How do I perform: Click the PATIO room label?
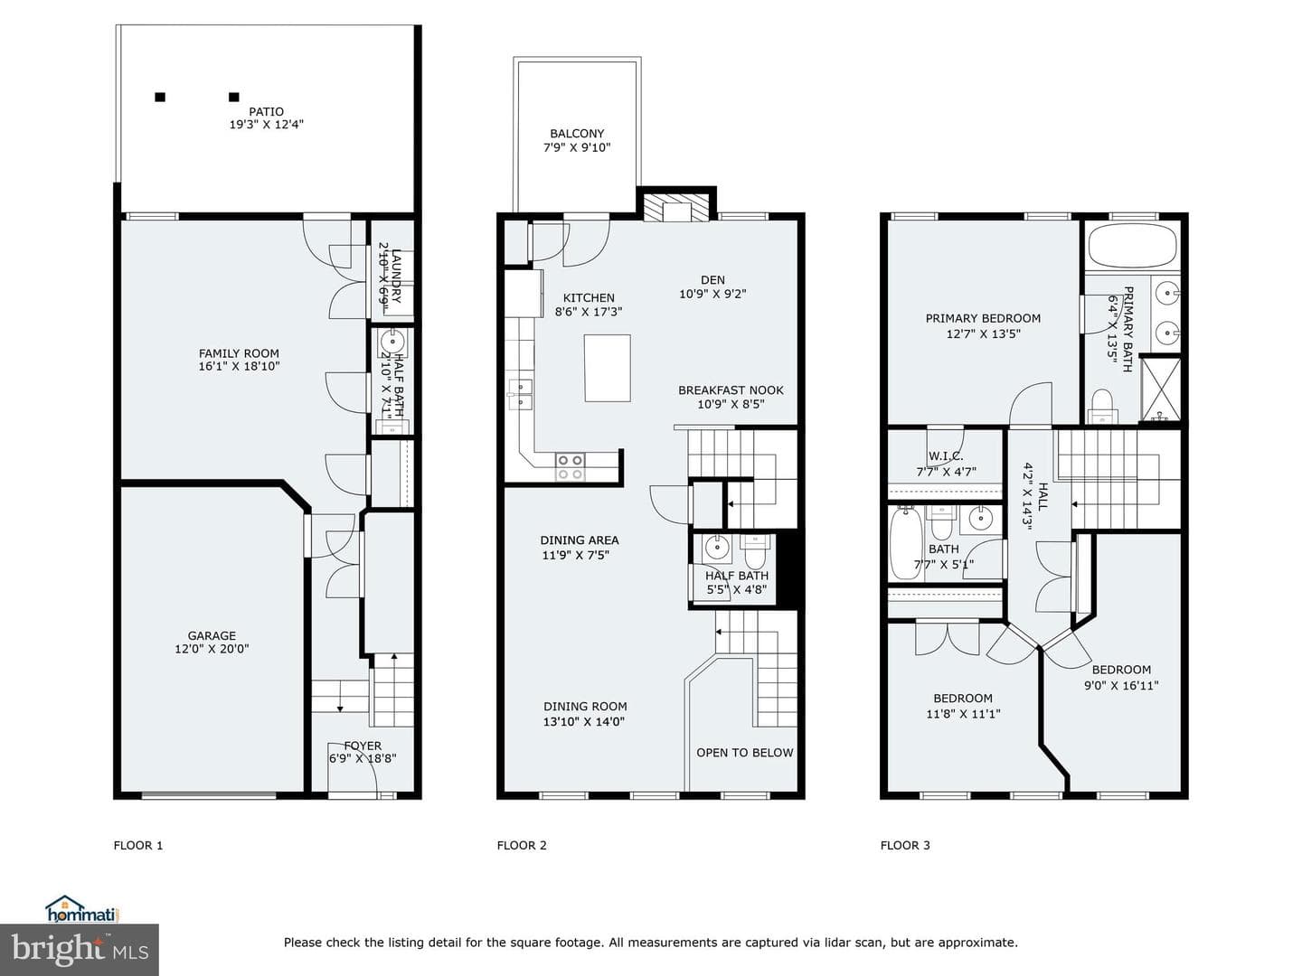coord(266,111)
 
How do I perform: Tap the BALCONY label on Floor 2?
coord(577,134)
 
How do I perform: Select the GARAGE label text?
coord(212,635)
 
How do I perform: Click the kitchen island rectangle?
coord(607,368)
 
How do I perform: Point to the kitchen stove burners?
coord(570,467)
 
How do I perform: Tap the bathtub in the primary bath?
coord(1132,245)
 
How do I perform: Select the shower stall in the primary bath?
coord(1161,389)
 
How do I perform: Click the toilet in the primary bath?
coord(1101,407)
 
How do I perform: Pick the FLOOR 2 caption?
coord(522,845)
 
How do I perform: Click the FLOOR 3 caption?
coord(904,845)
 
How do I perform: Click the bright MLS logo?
coord(80,950)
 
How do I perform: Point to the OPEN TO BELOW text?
coord(744,753)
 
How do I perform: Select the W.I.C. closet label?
coord(946,455)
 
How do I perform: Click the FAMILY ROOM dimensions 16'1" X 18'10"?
coord(239,366)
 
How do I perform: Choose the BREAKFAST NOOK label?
coord(731,389)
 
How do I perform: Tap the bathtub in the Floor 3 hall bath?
coord(906,543)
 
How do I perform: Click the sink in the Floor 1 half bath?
coord(392,342)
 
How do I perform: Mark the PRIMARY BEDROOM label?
coord(983,318)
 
